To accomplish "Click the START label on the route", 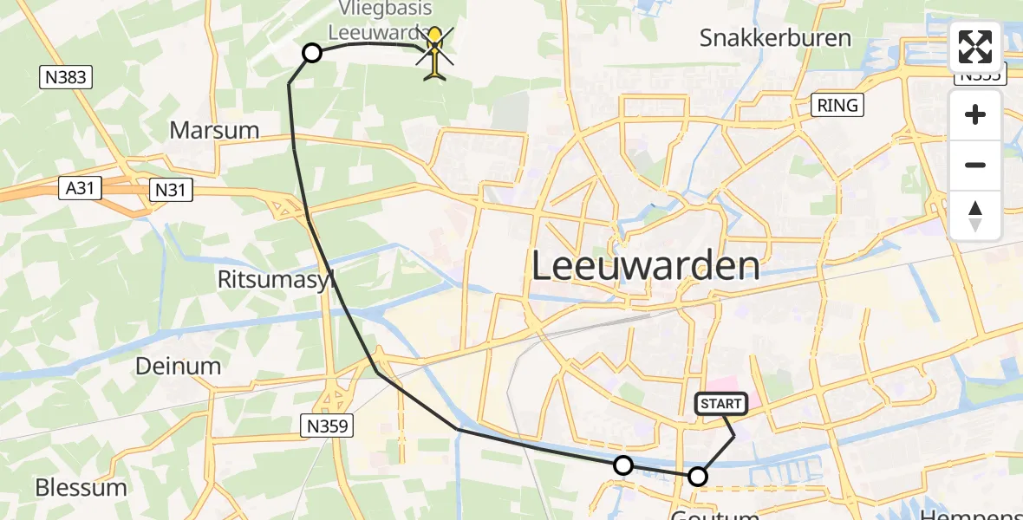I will tap(720, 403).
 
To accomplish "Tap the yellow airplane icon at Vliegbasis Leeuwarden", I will tap(434, 54).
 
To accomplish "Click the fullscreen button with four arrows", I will tap(975, 47).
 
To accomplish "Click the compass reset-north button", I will tap(975, 216).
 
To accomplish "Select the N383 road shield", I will tap(66, 78).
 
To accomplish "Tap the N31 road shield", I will tap(170, 191).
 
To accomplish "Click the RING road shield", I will tap(837, 106).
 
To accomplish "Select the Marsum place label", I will tap(214, 131).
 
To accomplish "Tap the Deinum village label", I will tap(178, 366).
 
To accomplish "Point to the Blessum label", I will tap(81, 487).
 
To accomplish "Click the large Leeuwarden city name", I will tap(645, 265).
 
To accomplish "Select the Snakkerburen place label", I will tap(775, 38).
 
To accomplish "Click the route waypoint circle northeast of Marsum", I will tap(312, 54).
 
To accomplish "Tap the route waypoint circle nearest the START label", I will tap(698, 476).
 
